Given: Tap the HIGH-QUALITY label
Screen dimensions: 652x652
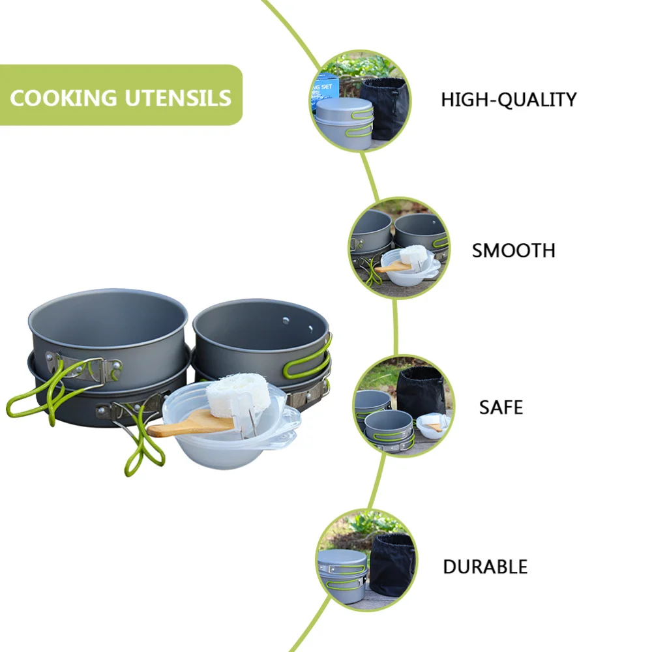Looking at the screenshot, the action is click(x=509, y=100).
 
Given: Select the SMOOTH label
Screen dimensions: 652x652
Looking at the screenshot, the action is click(x=513, y=250).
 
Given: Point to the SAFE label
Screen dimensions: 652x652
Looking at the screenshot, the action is click(x=501, y=407).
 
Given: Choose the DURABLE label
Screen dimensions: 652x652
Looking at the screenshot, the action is click(x=485, y=567).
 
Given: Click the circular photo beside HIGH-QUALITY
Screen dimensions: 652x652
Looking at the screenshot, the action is click(x=359, y=101).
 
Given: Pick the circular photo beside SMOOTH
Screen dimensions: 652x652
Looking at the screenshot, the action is click(x=398, y=248).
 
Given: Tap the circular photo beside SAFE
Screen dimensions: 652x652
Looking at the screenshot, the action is click(x=403, y=406).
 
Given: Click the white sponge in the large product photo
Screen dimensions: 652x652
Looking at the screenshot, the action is click(x=238, y=394).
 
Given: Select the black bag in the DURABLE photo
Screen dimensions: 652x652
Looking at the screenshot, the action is click(x=392, y=564).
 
